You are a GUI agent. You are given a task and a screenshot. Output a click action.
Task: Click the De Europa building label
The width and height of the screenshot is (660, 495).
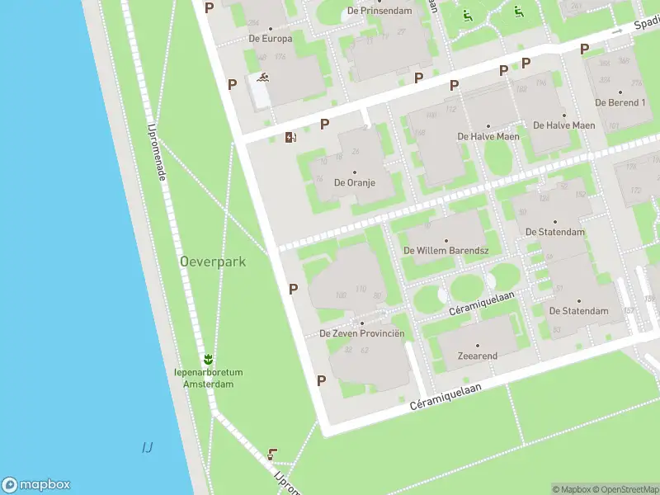(270, 38)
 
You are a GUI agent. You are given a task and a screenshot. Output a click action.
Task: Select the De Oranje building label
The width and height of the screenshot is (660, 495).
(354, 182)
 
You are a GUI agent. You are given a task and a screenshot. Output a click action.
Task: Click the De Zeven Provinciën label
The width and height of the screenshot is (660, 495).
(362, 333)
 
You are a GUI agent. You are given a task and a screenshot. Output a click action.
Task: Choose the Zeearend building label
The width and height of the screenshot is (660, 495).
(477, 356)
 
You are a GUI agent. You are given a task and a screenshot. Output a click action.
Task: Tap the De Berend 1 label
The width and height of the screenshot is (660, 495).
(620, 103)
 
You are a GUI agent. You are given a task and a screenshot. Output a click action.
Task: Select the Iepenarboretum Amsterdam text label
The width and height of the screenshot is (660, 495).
(209, 379)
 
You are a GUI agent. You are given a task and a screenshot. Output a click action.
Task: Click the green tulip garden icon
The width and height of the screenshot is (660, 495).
(209, 360)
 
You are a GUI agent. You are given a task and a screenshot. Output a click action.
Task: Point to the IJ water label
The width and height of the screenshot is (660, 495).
(147, 447)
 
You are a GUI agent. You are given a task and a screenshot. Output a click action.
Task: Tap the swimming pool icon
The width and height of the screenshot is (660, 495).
(262, 79)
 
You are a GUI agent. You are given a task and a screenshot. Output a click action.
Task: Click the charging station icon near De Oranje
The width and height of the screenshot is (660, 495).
(290, 137)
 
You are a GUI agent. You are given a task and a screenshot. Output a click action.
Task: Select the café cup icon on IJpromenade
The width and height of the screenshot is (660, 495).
(272, 454)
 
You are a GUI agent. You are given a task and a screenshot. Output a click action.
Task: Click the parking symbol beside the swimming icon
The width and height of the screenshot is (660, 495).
(233, 83)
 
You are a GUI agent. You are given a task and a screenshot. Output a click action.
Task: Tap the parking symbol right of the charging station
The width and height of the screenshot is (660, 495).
(325, 124)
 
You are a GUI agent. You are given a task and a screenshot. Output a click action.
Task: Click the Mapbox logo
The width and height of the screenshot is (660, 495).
(36, 485)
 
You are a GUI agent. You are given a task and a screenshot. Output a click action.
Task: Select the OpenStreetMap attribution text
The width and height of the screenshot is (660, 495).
(625, 489)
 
